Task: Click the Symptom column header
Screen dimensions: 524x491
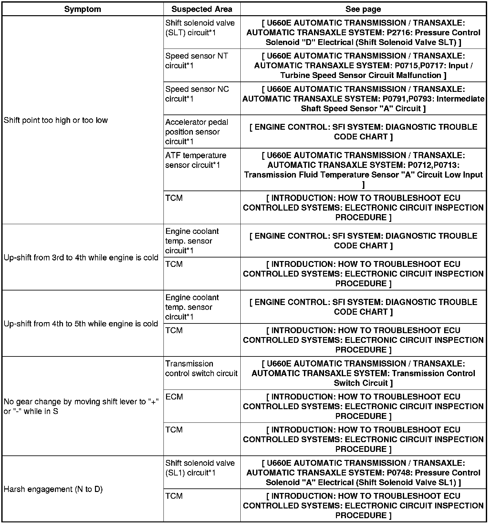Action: [82, 9]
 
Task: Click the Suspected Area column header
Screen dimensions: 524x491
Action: [202, 9]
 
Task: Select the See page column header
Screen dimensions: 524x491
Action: [363, 9]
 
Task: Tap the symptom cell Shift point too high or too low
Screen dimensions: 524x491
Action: [56, 120]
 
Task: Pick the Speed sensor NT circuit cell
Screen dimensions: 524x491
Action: [196, 60]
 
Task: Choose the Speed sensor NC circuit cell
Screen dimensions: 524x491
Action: [197, 94]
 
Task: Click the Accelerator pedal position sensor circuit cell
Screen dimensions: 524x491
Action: [196, 132]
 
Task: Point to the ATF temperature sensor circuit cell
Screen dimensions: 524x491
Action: [196, 160]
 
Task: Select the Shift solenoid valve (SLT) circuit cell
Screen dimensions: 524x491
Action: [200, 28]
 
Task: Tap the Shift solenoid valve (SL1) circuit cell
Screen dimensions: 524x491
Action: [200, 468]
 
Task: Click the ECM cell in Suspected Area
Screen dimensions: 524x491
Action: [174, 397]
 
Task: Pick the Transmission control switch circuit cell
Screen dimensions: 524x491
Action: [201, 368]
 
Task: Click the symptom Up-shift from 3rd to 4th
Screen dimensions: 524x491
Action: [81, 258]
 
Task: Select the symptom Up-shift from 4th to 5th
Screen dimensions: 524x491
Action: [81, 324]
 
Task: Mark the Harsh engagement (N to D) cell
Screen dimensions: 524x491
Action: [53, 489]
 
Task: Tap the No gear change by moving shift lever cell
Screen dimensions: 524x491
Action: [81, 407]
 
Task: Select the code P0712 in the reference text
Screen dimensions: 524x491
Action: [419, 165]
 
